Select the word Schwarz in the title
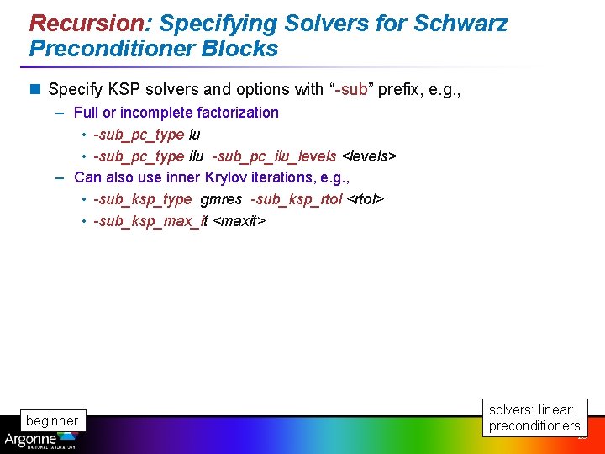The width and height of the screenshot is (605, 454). coord(461,23)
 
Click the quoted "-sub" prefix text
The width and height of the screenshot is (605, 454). coord(347,89)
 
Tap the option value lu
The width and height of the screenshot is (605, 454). coord(194,135)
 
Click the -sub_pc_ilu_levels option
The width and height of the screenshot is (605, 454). coord(274,156)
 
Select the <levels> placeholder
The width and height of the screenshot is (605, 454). coord(368,156)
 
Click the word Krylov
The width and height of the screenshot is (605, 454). coord(214,177)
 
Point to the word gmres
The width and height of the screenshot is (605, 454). coord(222,199)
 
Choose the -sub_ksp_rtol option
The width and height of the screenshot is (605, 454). coord(297,199)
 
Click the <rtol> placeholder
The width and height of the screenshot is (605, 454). coord(366,199)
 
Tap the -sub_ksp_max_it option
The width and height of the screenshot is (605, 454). coord(150,221)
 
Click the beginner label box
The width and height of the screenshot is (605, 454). coord(52,420)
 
